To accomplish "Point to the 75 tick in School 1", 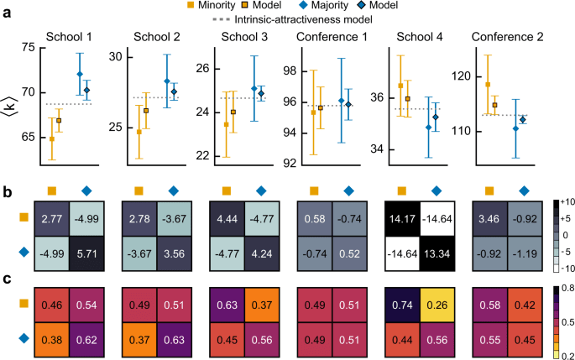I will coord(30,49).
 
